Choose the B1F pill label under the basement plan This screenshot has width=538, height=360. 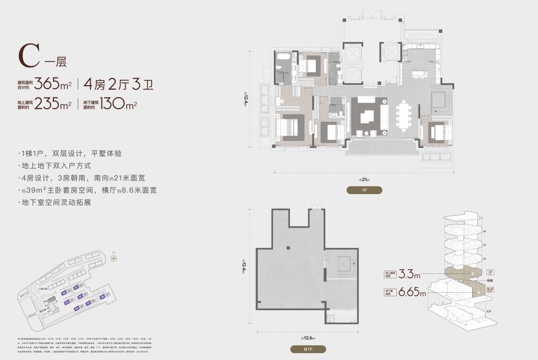tap(309, 349)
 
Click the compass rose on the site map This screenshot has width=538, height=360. tap(114, 258)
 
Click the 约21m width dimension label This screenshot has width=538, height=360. tap(365, 180)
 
